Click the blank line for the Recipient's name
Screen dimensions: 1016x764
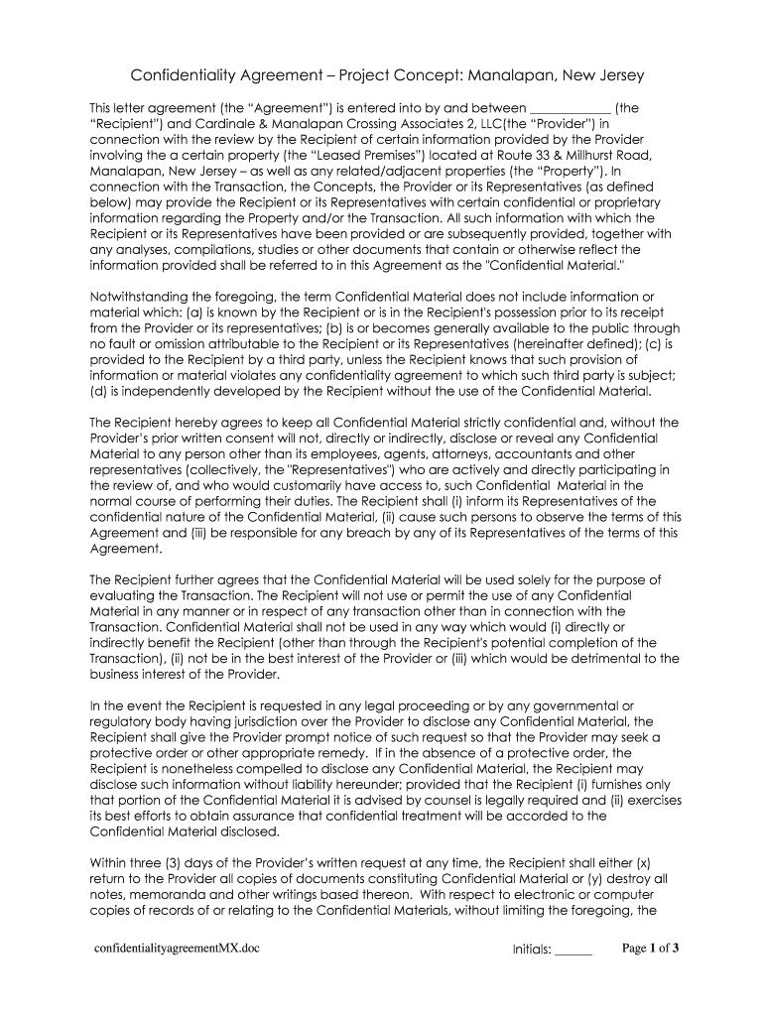pos(572,108)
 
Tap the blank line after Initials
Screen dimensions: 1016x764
pos(573,950)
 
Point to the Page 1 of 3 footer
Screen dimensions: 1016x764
pos(650,949)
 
